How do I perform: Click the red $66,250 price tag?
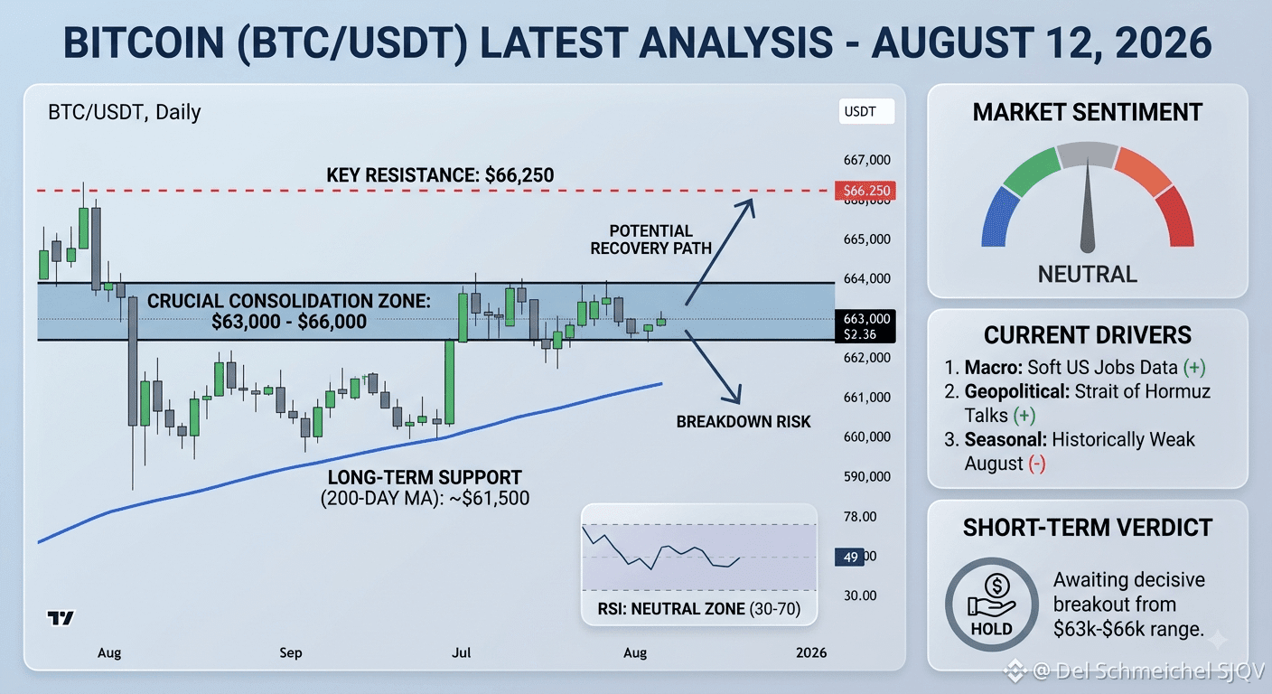point(865,191)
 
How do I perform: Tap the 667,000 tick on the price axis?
point(866,160)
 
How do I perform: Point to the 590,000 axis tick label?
point(866,476)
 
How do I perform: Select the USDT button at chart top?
point(866,111)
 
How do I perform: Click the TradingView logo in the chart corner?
point(61,617)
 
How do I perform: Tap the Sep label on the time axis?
point(290,652)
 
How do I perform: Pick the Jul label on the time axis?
point(461,652)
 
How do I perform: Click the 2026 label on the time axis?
point(811,652)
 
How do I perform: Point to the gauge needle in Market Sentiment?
point(1088,205)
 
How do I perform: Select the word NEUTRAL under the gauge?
point(1088,275)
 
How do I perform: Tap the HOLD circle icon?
point(991,605)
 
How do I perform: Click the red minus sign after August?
point(1037,464)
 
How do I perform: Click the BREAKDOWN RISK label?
point(744,422)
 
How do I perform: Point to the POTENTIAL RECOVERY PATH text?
point(650,239)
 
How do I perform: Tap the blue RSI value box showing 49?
point(849,557)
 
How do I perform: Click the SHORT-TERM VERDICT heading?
point(1088,528)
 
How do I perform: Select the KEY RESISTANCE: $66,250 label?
point(440,175)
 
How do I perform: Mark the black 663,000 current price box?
point(865,326)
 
